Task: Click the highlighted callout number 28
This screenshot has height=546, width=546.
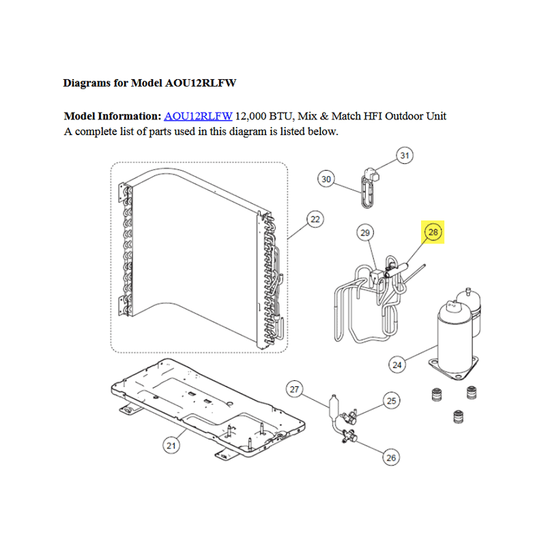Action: pos(433,232)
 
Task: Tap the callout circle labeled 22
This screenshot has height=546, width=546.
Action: pos(315,219)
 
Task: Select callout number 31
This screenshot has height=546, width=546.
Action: pos(405,156)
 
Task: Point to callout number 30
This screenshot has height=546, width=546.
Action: pos(326,179)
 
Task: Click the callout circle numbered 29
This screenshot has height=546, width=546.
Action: pos(365,233)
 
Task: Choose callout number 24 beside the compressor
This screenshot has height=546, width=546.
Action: pos(397,365)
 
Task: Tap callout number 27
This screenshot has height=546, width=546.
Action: pos(294,389)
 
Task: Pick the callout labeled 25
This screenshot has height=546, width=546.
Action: pos(391,401)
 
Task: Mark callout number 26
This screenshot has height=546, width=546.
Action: pos(391,457)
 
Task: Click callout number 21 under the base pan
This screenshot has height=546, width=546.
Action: pos(171,446)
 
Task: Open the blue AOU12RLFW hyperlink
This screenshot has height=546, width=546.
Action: pos(198,116)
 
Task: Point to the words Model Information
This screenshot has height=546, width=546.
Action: pos(113,116)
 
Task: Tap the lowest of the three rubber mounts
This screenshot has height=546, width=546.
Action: pos(458,416)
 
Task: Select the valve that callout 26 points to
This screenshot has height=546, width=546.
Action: pos(349,436)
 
